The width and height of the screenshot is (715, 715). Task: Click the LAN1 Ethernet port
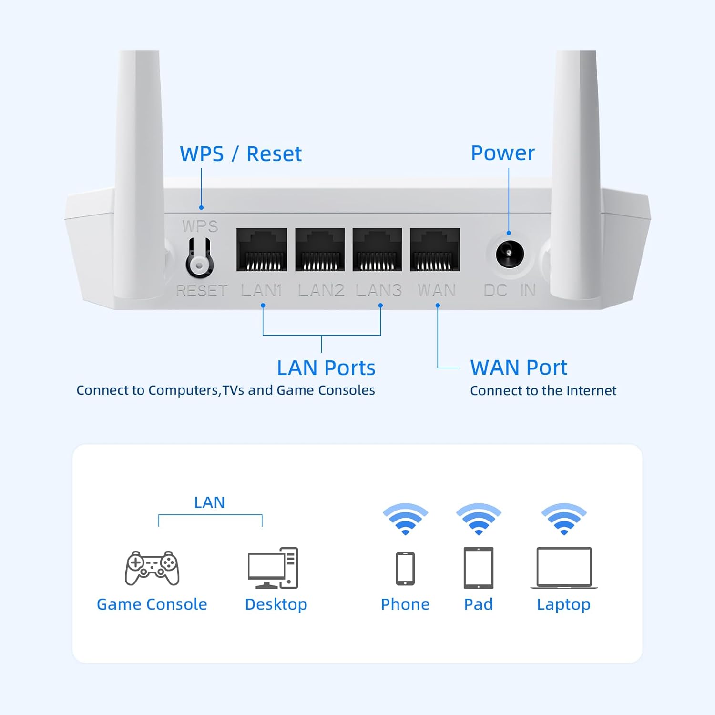262,250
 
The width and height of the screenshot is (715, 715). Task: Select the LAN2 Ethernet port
320,250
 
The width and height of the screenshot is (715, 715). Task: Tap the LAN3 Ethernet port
377,250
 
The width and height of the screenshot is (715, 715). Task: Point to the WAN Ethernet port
435,250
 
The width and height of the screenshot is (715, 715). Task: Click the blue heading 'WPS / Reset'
241,154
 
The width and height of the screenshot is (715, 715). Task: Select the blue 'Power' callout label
502,153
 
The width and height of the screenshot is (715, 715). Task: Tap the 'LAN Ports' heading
326,368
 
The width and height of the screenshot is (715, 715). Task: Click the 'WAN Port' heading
519,368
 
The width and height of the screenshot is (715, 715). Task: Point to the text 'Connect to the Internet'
543,391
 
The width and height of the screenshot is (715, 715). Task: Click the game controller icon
152,568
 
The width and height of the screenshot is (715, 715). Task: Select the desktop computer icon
273,568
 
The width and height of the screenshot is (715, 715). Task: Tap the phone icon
405,568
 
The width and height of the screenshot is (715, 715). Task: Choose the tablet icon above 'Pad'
479,568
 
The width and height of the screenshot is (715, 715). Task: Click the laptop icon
564,568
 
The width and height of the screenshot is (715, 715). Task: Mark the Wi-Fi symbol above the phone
405,519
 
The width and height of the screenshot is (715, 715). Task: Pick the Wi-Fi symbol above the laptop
564,519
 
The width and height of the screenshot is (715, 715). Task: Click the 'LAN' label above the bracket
209,502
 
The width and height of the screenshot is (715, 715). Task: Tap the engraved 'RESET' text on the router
202,290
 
